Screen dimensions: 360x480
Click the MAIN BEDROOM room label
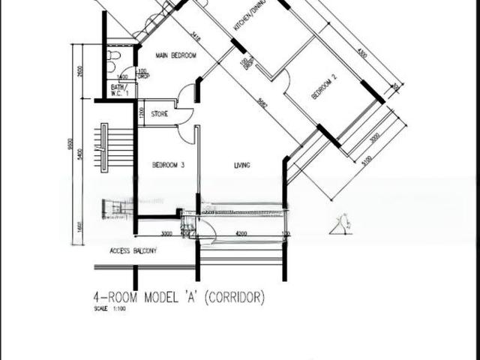coord(175,55)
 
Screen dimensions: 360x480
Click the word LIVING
coord(241,165)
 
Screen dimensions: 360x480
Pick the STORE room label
coord(159,115)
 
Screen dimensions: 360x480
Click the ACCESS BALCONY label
coord(133,250)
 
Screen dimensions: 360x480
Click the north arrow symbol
coord(346,223)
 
